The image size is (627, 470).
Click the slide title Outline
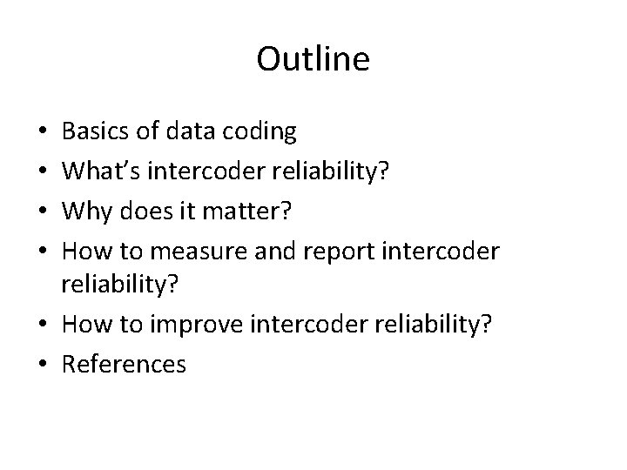click(x=313, y=59)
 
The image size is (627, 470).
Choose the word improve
click(x=195, y=324)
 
